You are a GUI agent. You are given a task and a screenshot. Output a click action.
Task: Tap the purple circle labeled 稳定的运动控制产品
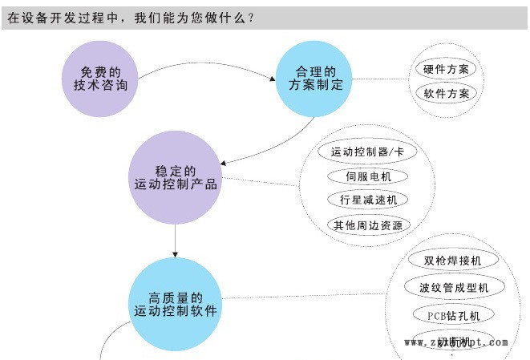175,177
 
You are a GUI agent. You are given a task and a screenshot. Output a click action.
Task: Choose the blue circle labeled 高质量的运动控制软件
175,303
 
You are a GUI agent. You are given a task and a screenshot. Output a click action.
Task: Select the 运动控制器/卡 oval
368,151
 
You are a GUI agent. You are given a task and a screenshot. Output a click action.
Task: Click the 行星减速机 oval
368,200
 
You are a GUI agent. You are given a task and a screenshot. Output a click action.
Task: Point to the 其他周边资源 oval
368,224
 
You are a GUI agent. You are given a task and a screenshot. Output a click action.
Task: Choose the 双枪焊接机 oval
452,261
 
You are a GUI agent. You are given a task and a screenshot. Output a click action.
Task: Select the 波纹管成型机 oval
452,287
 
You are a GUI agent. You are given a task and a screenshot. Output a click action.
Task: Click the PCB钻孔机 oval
452,314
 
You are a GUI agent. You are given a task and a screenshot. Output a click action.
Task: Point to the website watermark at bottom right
455,342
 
